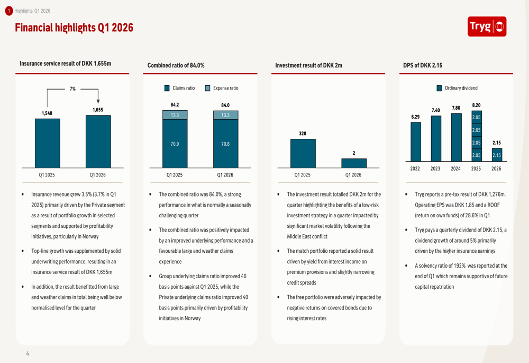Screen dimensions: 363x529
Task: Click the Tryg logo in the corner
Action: click(x=487, y=26)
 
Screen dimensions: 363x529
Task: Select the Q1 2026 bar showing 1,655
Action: click(x=98, y=141)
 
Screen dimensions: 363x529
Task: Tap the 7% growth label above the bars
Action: click(x=72, y=89)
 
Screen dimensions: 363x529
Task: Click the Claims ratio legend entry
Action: click(x=179, y=88)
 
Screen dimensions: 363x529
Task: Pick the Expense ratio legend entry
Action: click(x=222, y=88)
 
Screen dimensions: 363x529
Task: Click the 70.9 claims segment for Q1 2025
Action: click(x=175, y=144)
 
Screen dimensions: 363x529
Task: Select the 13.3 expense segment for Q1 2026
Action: click(x=225, y=115)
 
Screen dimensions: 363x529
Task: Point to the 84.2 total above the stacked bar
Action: click(x=175, y=105)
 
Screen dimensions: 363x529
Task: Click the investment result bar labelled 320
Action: click(x=303, y=153)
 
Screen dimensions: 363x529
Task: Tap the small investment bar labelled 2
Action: click(x=354, y=163)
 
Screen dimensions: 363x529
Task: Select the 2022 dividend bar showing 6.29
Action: click(x=416, y=141)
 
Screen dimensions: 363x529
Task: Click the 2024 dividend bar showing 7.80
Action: click(x=456, y=137)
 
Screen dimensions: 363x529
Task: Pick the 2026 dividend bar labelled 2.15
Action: click(x=496, y=155)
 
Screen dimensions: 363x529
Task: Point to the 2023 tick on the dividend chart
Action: click(x=435, y=169)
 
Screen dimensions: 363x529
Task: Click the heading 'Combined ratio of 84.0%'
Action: click(x=176, y=66)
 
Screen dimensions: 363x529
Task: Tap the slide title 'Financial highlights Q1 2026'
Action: click(x=74, y=28)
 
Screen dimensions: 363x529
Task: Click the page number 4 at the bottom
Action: click(x=28, y=353)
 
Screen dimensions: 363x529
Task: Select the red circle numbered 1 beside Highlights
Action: click(x=8, y=11)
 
